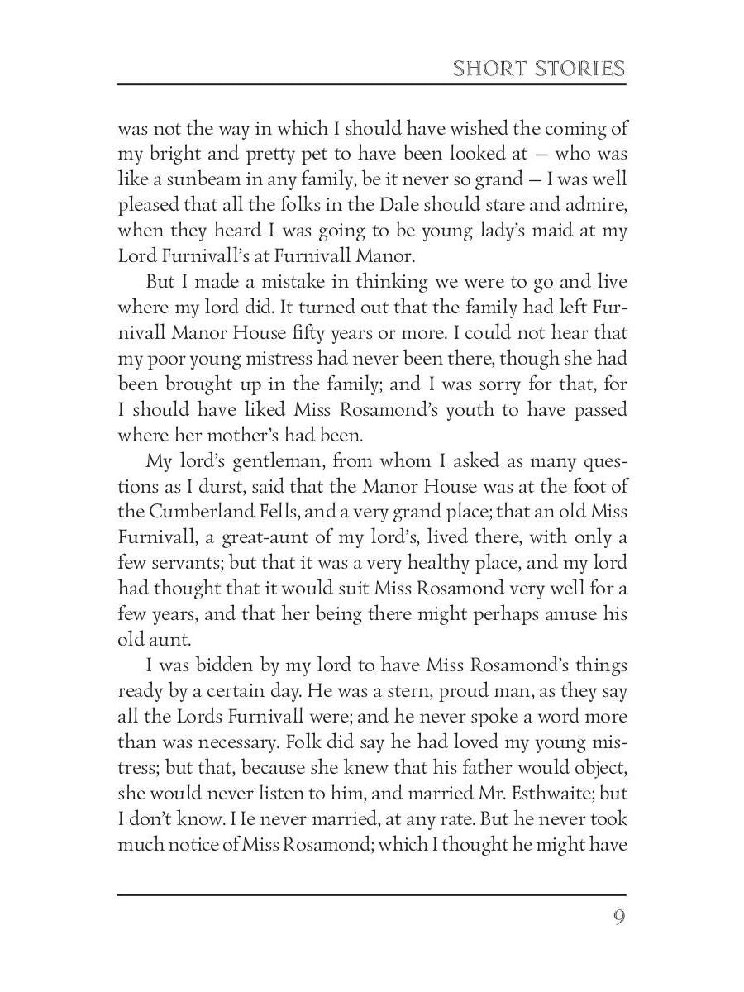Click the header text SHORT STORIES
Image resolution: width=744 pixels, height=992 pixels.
pos(538,68)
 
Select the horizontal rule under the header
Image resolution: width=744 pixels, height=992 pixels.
pos(371,84)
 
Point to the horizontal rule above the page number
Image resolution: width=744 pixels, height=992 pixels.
pos(371,894)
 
